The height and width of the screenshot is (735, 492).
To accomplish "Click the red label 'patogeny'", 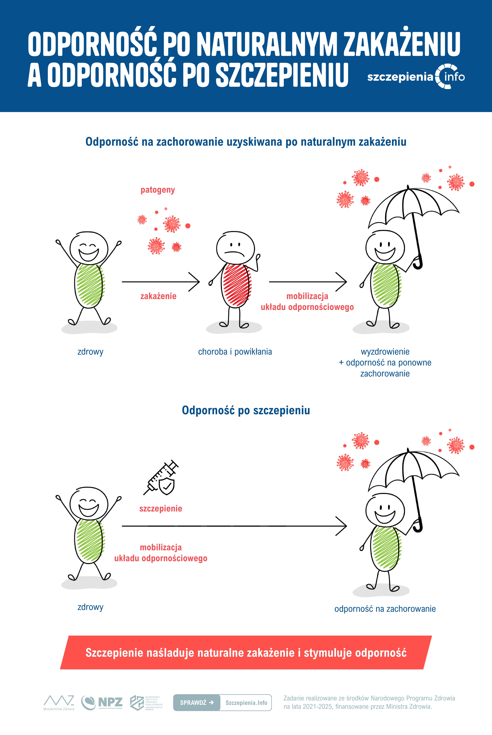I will click(x=158, y=190).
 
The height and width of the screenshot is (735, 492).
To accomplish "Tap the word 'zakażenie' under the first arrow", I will click(x=158, y=296).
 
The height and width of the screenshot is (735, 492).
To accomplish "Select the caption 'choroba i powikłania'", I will click(x=235, y=352).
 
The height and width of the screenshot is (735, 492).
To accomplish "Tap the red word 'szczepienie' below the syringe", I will click(x=161, y=508).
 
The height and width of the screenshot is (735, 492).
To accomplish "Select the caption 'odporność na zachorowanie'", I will click(x=385, y=609).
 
